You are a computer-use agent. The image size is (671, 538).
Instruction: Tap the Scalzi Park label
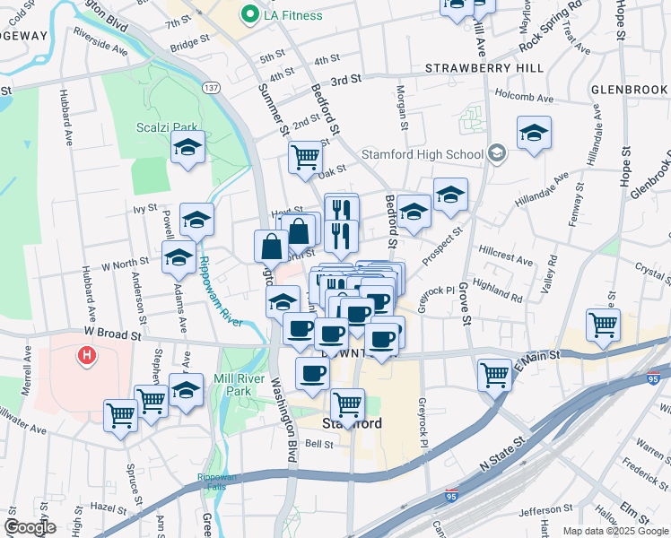168,127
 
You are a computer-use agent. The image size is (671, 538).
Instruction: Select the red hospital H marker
87,356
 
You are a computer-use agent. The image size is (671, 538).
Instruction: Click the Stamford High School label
423,153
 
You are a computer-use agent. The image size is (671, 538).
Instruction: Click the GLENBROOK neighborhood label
630,90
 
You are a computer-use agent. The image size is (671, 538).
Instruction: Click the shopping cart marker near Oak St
305,157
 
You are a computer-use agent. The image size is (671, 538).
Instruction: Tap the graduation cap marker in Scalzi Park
187,148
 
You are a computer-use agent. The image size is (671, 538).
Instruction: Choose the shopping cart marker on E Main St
494,374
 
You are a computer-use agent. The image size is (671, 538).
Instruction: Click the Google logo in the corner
29,526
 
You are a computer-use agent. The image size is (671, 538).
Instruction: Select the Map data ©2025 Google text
614,531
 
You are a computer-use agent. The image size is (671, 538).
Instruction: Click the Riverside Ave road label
100,43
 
